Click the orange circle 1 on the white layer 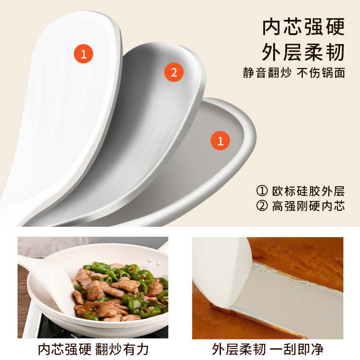click(83, 54)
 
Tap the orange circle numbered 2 click(174, 72)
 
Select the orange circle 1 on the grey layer click(220, 141)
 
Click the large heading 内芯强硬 click(304, 27)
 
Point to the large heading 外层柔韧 click(304, 53)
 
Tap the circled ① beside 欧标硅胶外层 click(261, 191)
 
